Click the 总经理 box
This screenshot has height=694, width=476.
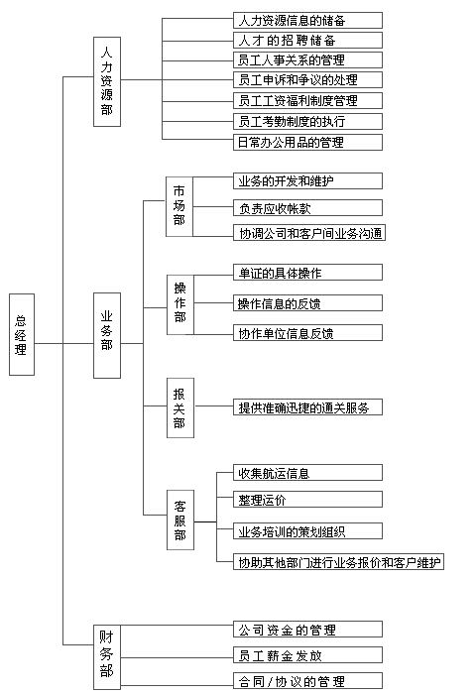(x=22, y=335)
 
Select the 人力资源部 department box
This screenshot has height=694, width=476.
(x=107, y=82)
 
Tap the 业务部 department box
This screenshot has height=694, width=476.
(x=107, y=335)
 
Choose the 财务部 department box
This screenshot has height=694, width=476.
(x=107, y=656)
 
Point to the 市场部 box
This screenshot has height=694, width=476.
(x=179, y=206)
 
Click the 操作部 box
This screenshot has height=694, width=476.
(x=180, y=304)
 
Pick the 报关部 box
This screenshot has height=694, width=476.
(x=180, y=408)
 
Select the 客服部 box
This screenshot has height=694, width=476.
(x=180, y=520)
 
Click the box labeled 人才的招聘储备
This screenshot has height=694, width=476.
(x=307, y=41)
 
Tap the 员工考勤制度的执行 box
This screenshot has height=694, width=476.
(x=307, y=122)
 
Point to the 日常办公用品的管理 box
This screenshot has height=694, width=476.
(x=307, y=142)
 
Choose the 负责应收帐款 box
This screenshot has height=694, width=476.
(x=307, y=207)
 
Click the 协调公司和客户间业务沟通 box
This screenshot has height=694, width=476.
(x=309, y=233)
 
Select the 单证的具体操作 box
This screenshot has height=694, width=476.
(x=307, y=273)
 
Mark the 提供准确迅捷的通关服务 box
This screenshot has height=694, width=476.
(x=307, y=407)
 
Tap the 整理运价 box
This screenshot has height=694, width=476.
(x=307, y=500)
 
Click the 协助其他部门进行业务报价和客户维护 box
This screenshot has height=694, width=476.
(x=338, y=562)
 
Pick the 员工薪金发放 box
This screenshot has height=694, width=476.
(x=307, y=655)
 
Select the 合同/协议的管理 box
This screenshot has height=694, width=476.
(x=307, y=681)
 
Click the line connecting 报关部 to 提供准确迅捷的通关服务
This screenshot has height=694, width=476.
(x=214, y=405)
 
